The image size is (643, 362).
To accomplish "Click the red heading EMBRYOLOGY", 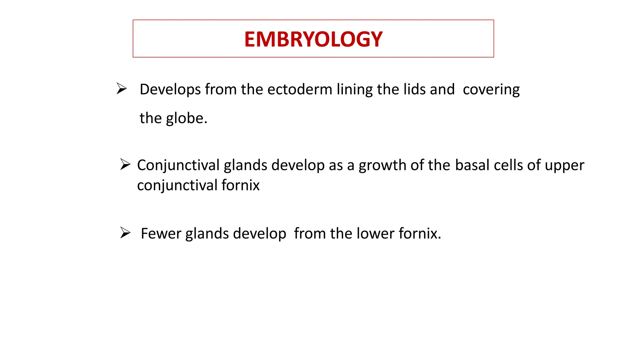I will point(313,39).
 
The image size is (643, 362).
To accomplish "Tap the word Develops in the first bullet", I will point(170,90).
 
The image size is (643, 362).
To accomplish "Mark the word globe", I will point(186,119).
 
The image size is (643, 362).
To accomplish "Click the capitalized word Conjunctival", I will point(178,166).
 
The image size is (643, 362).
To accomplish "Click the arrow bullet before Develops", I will point(122,89).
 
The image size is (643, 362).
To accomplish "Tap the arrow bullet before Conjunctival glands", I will point(125,164).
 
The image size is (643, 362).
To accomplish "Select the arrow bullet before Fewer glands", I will point(125,233).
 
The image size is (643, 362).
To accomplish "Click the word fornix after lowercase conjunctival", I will point(240,185).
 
